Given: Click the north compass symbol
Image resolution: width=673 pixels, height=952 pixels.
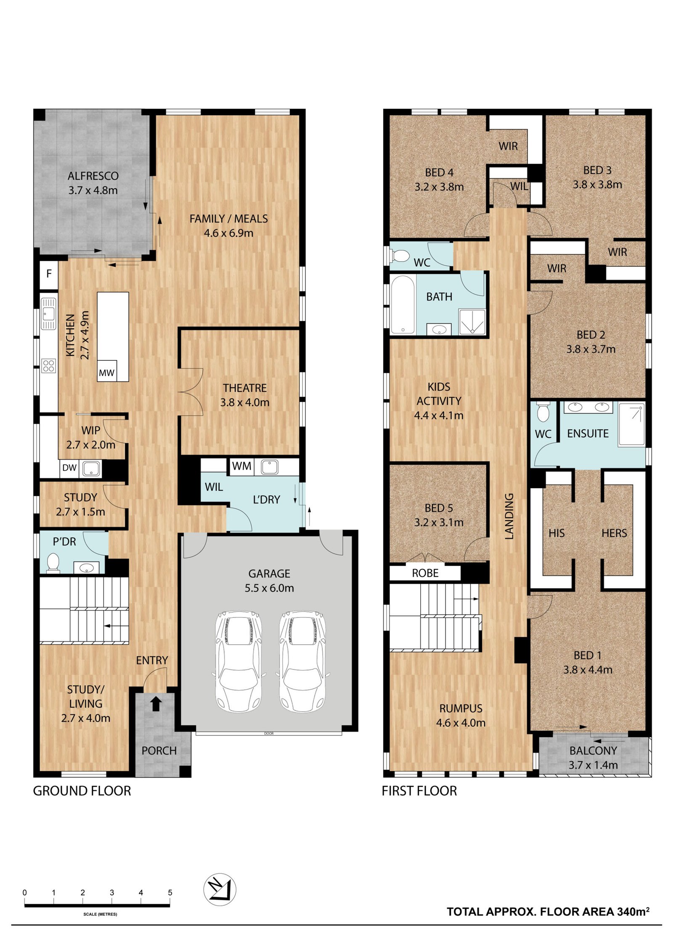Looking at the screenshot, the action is point(220,890).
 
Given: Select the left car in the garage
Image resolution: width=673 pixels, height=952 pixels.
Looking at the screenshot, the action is point(238,662).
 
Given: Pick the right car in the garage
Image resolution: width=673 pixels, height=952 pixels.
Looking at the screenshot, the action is point(302,662).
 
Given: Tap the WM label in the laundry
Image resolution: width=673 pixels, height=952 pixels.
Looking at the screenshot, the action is point(242,466).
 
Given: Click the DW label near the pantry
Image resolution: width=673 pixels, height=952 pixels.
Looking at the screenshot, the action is point(69,468).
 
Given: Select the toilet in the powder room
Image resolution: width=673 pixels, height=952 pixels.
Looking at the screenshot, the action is point(53,562).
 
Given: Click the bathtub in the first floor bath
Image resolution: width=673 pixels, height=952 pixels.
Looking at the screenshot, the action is point(403,304).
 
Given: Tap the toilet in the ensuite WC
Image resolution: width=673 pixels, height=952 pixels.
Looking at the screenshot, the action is point(543,412).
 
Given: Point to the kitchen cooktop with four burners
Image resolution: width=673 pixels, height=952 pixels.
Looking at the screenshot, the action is point(49,365).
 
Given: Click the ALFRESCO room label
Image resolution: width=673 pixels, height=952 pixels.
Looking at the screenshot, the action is point(93,176).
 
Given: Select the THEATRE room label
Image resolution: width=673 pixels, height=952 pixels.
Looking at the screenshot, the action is point(245,388).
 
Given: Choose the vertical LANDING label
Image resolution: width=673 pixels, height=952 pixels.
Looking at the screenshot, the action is point(509,516).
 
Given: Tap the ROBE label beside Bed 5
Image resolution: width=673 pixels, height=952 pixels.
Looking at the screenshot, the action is point(425,573).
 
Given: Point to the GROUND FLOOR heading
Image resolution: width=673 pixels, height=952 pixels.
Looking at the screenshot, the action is point(82,791).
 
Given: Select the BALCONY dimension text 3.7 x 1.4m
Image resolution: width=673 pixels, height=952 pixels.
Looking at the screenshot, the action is point(593,765).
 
